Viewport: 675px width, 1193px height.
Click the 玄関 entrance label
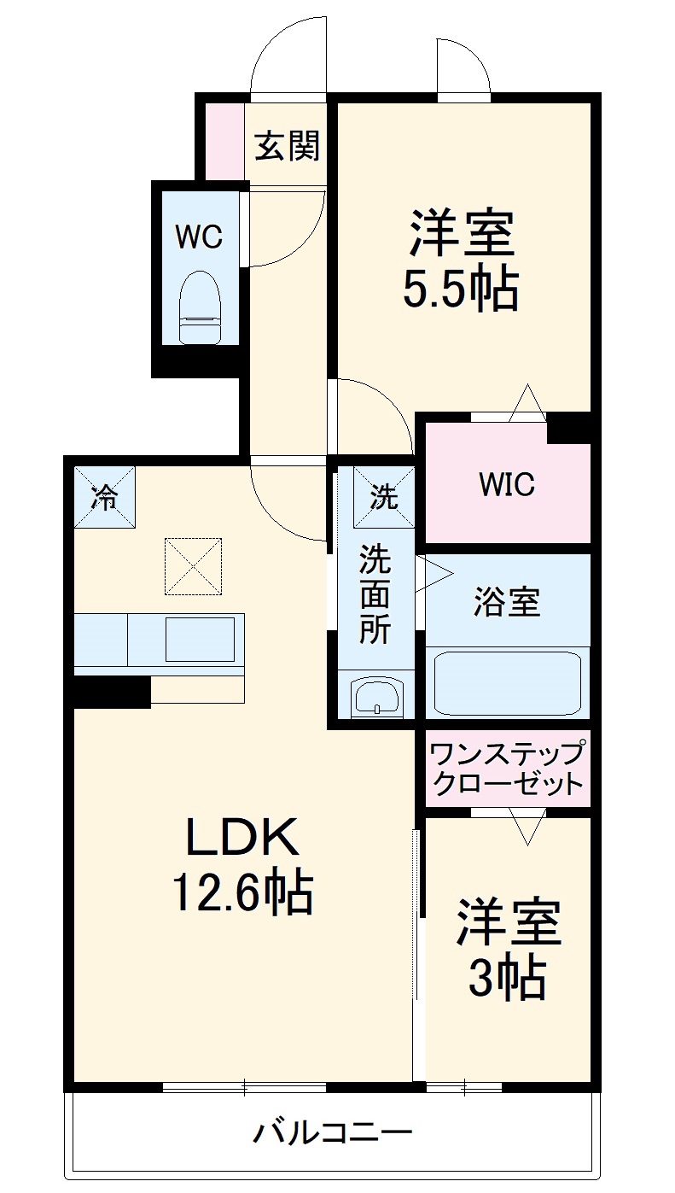288,147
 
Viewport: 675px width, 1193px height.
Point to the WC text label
199,237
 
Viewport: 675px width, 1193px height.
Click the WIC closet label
506,484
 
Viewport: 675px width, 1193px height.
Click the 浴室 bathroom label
507,602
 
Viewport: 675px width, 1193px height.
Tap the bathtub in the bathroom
508,683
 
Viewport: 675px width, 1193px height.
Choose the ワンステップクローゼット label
508,769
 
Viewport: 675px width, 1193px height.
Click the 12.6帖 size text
243,892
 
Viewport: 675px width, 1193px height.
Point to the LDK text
243,839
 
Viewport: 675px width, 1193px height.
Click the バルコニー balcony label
334,1133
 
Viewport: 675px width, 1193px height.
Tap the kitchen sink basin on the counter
199,640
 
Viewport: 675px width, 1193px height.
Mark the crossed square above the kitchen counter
193,565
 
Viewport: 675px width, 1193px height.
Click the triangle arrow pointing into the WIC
527,403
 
